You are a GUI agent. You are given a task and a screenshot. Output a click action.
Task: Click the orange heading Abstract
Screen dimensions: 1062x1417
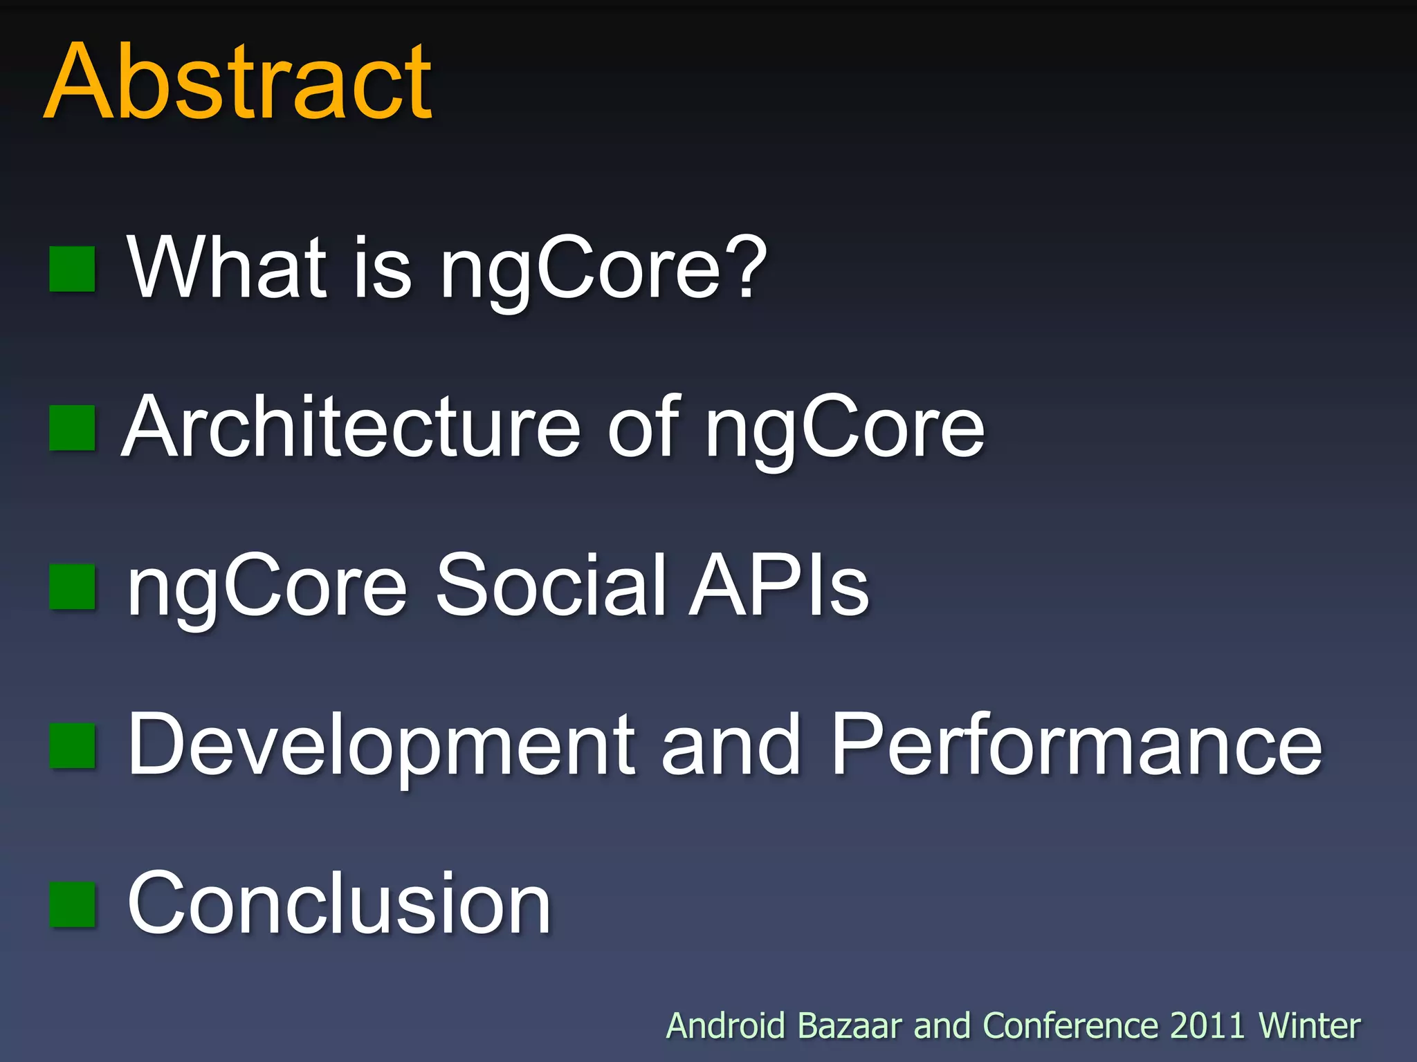(239, 82)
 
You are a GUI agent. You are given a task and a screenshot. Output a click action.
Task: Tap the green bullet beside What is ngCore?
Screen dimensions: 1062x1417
(72, 269)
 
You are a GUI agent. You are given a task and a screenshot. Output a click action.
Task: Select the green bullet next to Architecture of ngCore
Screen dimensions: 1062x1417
(72, 428)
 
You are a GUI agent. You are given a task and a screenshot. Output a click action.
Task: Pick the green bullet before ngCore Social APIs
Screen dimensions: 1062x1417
(72, 587)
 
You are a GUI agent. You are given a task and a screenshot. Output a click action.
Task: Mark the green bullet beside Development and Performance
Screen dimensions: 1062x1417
(72, 746)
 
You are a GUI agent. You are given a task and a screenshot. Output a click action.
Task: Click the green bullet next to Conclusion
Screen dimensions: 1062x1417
(72, 904)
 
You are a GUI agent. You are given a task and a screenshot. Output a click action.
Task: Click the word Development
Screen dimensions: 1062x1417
(381, 745)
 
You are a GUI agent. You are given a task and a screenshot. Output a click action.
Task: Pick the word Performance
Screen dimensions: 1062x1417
(1077, 745)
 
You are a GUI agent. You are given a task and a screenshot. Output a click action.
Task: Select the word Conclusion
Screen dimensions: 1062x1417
(339, 903)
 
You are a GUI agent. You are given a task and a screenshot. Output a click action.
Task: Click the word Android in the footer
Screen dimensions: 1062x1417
(726, 1025)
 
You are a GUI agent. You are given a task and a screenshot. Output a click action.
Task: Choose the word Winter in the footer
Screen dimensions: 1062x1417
(1309, 1025)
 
